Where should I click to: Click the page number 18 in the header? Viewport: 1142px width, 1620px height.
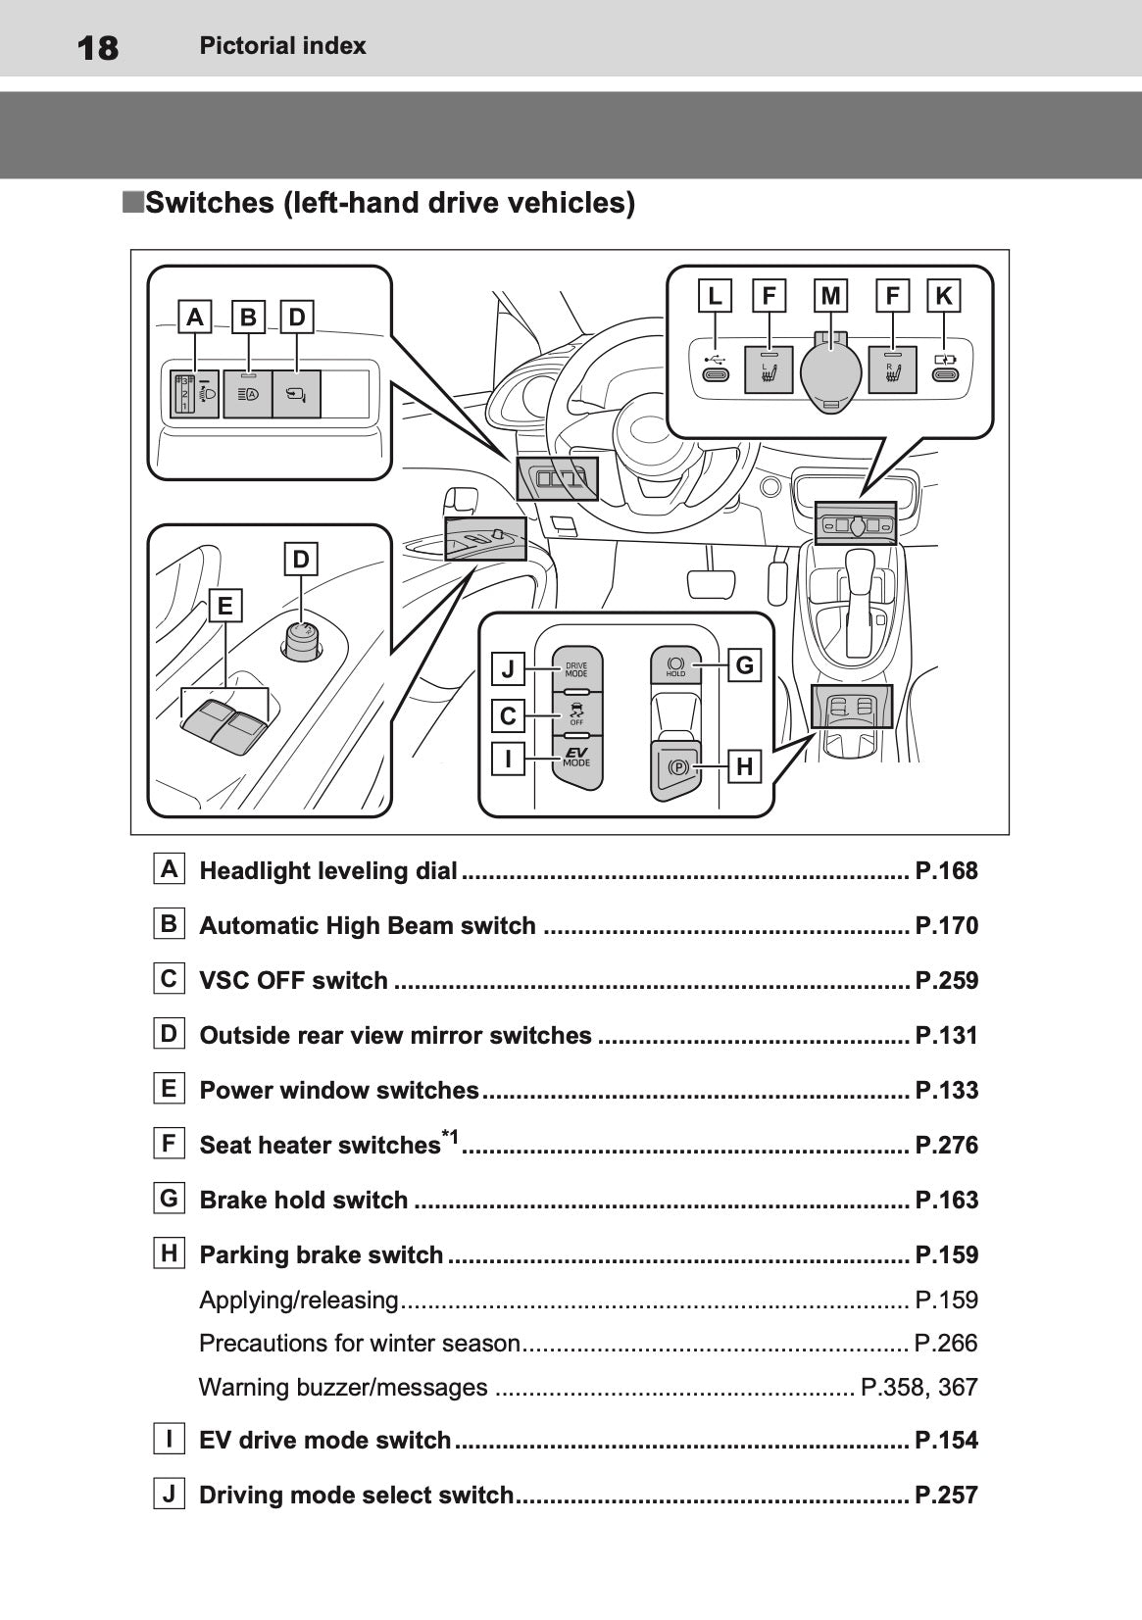click(97, 47)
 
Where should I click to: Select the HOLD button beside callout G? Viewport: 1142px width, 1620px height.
click(675, 665)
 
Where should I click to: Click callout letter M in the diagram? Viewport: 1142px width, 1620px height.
click(831, 296)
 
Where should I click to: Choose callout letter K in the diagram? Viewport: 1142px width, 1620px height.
click(944, 296)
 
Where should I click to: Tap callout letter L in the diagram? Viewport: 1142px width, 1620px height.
click(716, 296)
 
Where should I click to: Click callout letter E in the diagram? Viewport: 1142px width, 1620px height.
click(225, 606)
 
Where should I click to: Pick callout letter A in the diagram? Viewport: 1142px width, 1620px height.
click(196, 318)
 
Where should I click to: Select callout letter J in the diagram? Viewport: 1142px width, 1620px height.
click(508, 668)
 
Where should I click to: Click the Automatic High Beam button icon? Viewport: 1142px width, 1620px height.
click(248, 395)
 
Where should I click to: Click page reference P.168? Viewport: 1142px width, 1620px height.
click(946, 870)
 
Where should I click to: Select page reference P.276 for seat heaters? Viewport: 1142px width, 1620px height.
click(946, 1145)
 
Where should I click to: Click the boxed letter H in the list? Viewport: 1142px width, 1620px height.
click(170, 1252)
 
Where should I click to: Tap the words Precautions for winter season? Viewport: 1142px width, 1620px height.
click(359, 1344)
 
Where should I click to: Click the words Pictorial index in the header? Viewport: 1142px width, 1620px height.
click(282, 46)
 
